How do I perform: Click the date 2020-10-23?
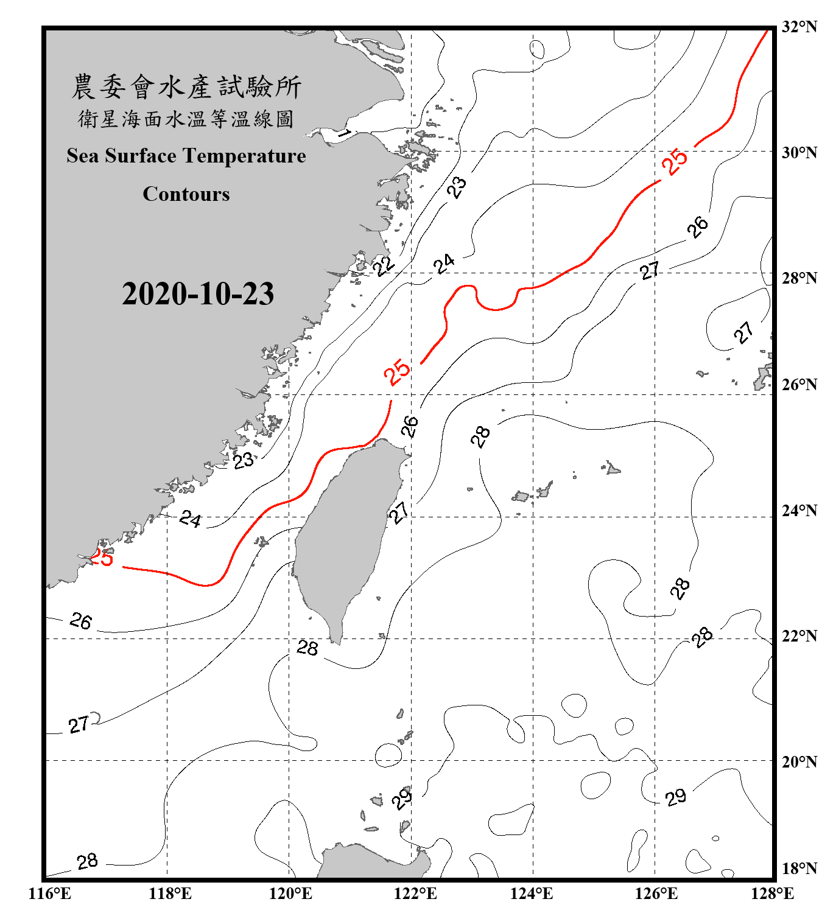point(198,293)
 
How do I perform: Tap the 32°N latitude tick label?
point(799,27)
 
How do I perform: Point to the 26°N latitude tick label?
point(799,385)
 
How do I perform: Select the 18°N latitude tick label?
point(799,869)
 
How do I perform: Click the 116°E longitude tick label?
point(50,894)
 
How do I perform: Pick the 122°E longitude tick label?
point(415,894)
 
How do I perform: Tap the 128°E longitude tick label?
point(772,894)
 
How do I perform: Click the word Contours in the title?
point(186,194)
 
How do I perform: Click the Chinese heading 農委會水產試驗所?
point(186,87)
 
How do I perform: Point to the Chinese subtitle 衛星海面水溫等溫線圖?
point(186,119)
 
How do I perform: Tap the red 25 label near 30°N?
point(675,161)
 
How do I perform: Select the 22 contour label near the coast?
point(384,265)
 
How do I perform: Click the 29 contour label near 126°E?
point(675,797)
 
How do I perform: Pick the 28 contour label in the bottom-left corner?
point(87,861)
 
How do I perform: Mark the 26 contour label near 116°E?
point(80,621)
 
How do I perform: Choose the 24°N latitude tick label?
point(799,511)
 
